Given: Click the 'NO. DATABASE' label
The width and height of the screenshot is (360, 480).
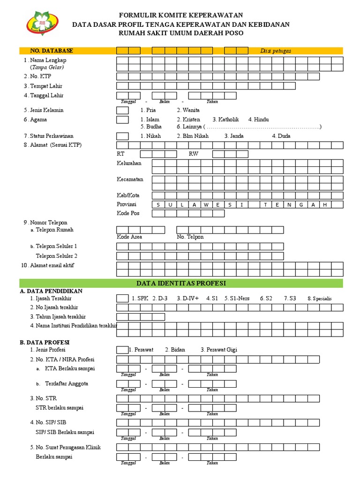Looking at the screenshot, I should tap(52, 51).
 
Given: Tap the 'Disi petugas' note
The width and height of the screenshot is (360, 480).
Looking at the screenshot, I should tap(276, 51).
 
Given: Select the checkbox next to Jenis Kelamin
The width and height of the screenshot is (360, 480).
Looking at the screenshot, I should tap(122, 110).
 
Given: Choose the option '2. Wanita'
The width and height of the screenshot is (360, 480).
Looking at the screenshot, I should tap(188, 110).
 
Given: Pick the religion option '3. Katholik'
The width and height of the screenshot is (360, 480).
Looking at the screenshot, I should tap(225, 120).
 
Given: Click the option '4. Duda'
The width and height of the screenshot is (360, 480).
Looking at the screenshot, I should tap(281, 136).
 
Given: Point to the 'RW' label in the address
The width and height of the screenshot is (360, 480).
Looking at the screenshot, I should tap(194, 154).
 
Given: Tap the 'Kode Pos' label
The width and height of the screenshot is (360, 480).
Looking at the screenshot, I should tap(128, 213).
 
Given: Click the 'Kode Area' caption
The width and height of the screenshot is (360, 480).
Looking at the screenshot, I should tap(129, 237).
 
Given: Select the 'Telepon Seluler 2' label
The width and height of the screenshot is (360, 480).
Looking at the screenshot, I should tap(56, 256).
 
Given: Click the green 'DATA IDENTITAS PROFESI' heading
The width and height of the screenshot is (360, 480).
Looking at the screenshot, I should tap(181, 284).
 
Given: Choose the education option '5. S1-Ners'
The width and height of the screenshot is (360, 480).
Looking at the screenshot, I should tap(237, 298).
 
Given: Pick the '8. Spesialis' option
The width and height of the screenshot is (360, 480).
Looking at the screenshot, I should tap(319, 298).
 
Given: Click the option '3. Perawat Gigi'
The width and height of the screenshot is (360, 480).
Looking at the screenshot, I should tap(218, 350).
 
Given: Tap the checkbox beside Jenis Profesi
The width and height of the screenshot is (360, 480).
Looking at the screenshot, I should tap(122, 350).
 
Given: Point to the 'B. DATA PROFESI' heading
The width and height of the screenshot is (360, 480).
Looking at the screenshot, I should tap(45, 343).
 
